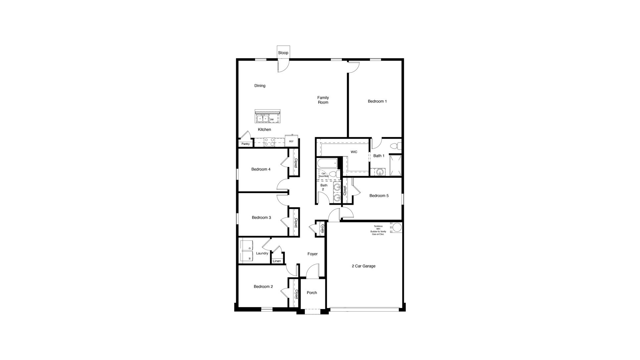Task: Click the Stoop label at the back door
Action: pyautogui.click(x=283, y=53)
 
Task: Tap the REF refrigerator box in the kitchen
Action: pyautogui.click(x=292, y=141)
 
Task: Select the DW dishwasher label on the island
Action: pyautogui.click(x=272, y=119)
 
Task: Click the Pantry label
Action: pyautogui.click(x=245, y=144)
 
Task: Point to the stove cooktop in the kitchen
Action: pyautogui.click(x=269, y=142)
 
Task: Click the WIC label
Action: pyautogui.click(x=354, y=152)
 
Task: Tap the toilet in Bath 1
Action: pyautogui.click(x=395, y=146)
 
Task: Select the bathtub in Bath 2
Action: pyautogui.click(x=327, y=163)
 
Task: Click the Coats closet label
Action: pyautogui.click(x=322, y=229)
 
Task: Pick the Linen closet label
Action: pyautogui.click(x=277, y=261)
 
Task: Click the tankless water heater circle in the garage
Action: pyautogui.click(x=397, y=228)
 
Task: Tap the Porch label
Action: pyautogui.click(x=312, y=293)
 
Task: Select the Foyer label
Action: pyautogui.click(x=312, y=254)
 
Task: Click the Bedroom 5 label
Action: pyautogui.click(x=379, y=196)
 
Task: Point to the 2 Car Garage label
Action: pyautogui.click(x=363, y=266)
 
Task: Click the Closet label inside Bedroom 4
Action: pyautogui.click(x=296, y=163)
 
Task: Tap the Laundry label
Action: pyautogui.click(x=262, y=253)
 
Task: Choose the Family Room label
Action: pyautogui.click(x=323, y=100)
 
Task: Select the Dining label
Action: pyautogui.click(x=260, y=86)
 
